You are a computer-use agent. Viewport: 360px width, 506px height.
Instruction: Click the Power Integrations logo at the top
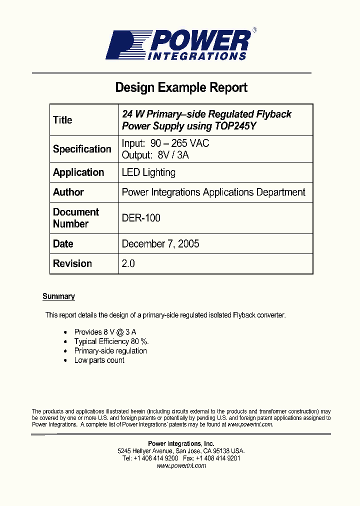[x=180, y=45]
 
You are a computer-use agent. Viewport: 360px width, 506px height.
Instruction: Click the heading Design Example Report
[x=181, y=87]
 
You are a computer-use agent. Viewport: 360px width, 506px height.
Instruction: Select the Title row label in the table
[x=62, y=120]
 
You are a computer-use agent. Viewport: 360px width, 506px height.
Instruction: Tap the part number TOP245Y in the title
[x=235, y=126]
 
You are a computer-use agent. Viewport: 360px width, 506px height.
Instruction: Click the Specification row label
[x=82, y=149]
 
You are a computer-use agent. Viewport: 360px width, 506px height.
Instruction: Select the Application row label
[x=78, y=172]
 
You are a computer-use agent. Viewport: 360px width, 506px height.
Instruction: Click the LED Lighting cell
[x=148, y=172]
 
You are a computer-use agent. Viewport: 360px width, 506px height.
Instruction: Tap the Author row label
[x=68, y=192]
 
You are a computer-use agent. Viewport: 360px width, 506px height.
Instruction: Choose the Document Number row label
[x=76, y=218]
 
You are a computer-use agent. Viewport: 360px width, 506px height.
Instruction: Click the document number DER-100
[x=141, y=218]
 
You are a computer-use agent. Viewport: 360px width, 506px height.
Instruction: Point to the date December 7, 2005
[x=160, y=244]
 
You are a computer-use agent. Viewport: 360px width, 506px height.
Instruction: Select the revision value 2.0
[x=128, y=263]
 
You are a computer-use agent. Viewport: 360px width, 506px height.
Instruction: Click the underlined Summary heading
[x=58, y=296]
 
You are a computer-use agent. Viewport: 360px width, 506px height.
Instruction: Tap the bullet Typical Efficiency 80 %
[x=111, y=341]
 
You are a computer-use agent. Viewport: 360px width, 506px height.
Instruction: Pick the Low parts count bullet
[x=99, y=360]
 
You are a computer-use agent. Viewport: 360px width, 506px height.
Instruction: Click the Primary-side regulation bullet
[x=110, y=351]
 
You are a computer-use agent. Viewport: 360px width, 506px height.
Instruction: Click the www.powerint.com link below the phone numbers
[x=181, y=465]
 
